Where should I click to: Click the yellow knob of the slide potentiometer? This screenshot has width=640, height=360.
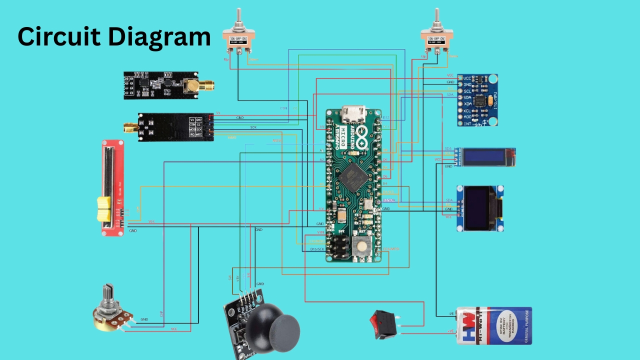(104, 209)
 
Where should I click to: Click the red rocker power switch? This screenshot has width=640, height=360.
(383, 323)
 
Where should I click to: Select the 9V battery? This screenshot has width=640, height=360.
(493, 326)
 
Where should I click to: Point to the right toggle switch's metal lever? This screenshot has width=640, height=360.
(436, 18)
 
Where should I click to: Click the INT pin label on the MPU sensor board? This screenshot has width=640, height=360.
(466, 123)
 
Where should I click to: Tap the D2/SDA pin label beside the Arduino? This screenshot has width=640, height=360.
(388, 200)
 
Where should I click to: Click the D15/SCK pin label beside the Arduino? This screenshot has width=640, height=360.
(317, 248)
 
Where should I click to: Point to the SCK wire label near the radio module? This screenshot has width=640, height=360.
(253, 127)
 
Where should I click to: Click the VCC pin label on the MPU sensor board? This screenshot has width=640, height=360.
(467, 78)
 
